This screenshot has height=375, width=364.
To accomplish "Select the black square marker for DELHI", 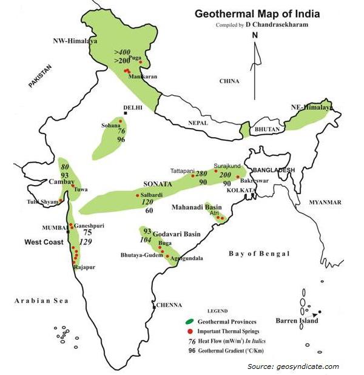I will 126,113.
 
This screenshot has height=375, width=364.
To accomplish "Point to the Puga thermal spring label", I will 127,58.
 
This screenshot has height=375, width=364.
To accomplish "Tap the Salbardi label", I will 152,195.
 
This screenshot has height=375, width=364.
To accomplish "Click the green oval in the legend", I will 189,321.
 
